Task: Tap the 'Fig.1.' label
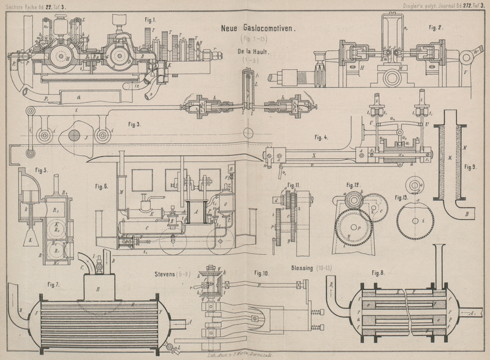click(150, 20)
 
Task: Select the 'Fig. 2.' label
click(435, 28)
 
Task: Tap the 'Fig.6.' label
click(102, 184)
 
